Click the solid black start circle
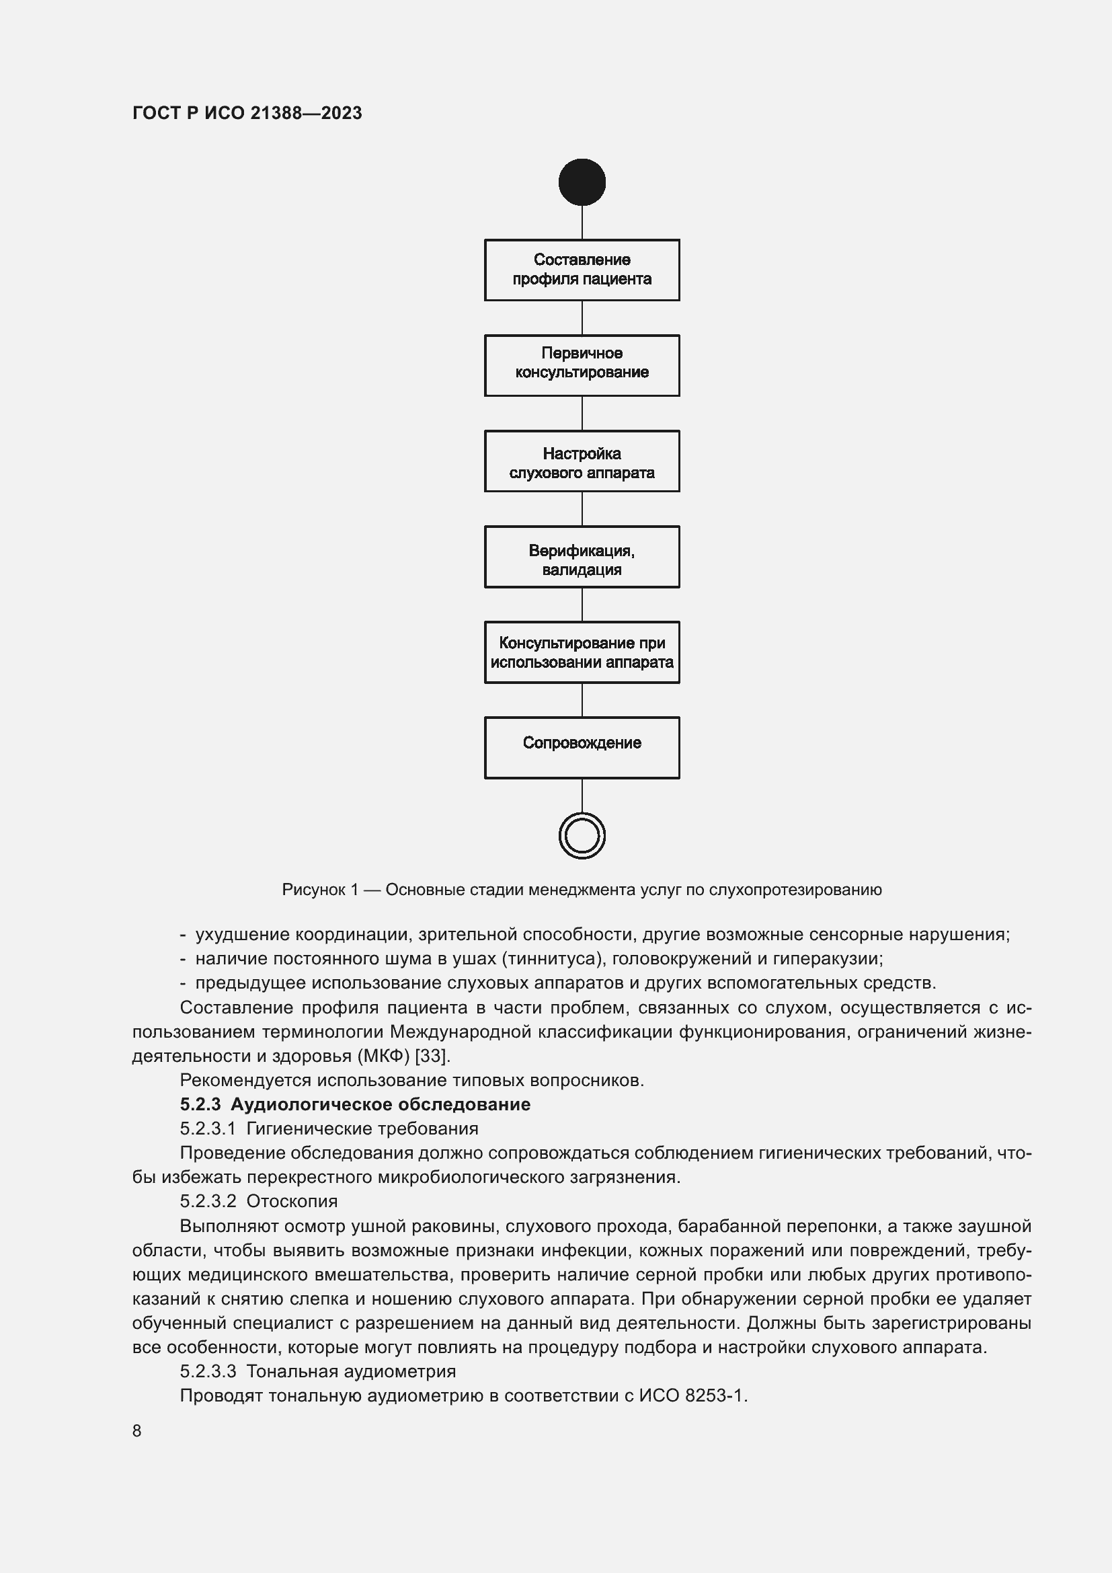[582, 182]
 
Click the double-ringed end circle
[582, 836]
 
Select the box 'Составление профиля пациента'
[582, 270]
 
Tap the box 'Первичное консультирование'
[582, 365]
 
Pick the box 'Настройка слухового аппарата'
[582, 461]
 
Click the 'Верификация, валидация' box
[582, 557]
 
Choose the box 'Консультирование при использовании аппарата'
[582, 652]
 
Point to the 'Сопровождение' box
[582, 747]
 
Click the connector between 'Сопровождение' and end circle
[582, 796]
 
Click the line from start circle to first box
[582, 222]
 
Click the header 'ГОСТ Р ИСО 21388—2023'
[247, 113]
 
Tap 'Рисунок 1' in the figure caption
[320, 890]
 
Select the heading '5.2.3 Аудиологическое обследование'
[355, 1104]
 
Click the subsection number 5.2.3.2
[208, 1201]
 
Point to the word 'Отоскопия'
[292, 1201]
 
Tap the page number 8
[137, 1431]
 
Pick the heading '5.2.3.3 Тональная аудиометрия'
[318, 1371]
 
